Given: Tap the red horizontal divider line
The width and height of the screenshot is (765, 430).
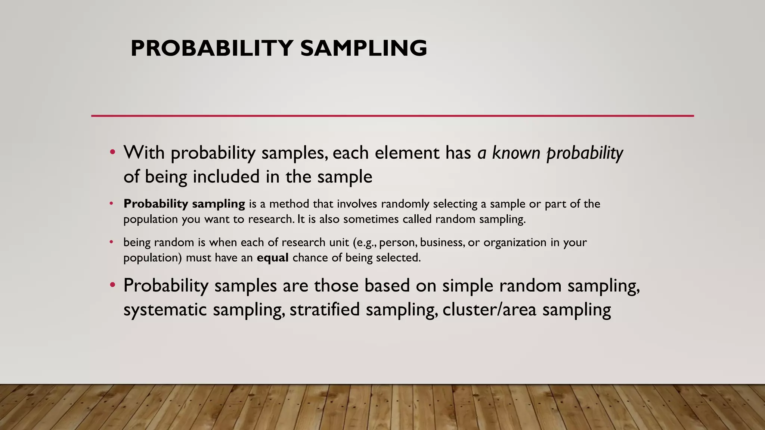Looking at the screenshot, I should (x=392, y=116).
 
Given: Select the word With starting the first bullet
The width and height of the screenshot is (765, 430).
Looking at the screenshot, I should (x=144, y=153).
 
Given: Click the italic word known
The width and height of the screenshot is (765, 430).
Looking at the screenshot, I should (x=516, y=153).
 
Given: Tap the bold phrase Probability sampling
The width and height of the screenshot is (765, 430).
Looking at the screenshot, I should (x=184, y=204).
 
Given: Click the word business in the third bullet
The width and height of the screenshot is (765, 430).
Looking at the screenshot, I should (x=442, y=243).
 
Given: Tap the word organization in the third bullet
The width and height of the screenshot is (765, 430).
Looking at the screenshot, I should (x=515, y=243).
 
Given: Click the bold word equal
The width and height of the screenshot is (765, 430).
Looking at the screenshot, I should (x=272, y=258).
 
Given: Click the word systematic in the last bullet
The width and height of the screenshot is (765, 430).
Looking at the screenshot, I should (x=165, y=309).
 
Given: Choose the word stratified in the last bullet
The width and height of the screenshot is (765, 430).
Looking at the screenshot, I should (x=324, y=309).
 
